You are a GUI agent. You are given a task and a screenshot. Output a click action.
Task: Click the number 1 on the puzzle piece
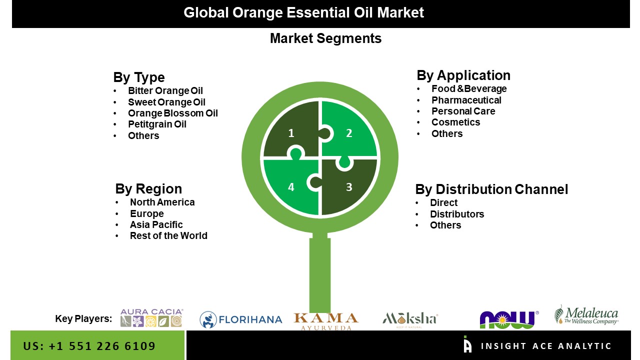(291, 133)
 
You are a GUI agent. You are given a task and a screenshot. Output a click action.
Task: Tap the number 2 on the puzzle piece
(349, 133)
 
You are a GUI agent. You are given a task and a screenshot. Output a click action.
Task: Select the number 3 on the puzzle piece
(349, 187)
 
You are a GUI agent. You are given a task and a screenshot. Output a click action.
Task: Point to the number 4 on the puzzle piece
(291, 187)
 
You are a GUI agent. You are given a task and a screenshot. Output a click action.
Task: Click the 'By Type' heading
(139, 77)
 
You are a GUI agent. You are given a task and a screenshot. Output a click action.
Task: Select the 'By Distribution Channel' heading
(491, 189)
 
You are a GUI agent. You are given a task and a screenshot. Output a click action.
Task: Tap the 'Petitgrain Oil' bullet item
(157, 124)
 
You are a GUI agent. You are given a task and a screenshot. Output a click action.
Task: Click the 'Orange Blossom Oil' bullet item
(173, 113)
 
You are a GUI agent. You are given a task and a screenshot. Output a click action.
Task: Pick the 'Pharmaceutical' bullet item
(466, 100)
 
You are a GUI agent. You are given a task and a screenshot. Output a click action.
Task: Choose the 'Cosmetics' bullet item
(455, 122)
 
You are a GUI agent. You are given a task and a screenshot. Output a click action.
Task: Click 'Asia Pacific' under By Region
(156, 225)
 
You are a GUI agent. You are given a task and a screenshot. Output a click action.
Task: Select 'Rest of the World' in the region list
(168, 235)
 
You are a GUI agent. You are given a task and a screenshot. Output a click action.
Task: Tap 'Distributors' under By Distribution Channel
(457, 214)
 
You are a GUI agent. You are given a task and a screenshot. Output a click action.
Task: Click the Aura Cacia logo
(151, 317)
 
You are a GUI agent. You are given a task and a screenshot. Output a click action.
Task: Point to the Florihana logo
(241, 319)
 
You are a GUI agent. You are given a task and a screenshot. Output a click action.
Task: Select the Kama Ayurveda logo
(326, 321)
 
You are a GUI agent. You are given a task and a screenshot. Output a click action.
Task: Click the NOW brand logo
(509, 319)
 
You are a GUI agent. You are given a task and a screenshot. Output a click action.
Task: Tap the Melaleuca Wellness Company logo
(586, 315)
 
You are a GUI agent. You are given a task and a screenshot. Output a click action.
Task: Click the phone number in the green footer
(89, 346)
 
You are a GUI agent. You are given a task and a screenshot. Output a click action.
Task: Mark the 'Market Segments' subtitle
(325, 38)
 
